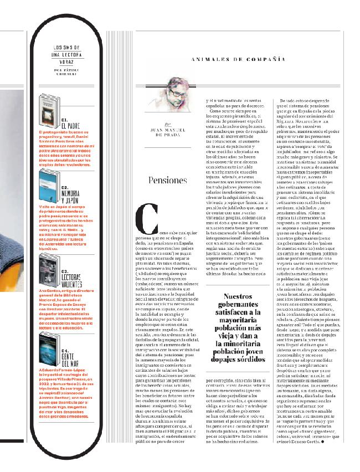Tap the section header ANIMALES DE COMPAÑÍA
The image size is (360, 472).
pyautogui.click(x=238, y=59)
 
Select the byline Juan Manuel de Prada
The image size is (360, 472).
pyautogui.click(x=166, y=132)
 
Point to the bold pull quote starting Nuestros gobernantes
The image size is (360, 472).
pyautogui.click(x=238, y=327)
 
